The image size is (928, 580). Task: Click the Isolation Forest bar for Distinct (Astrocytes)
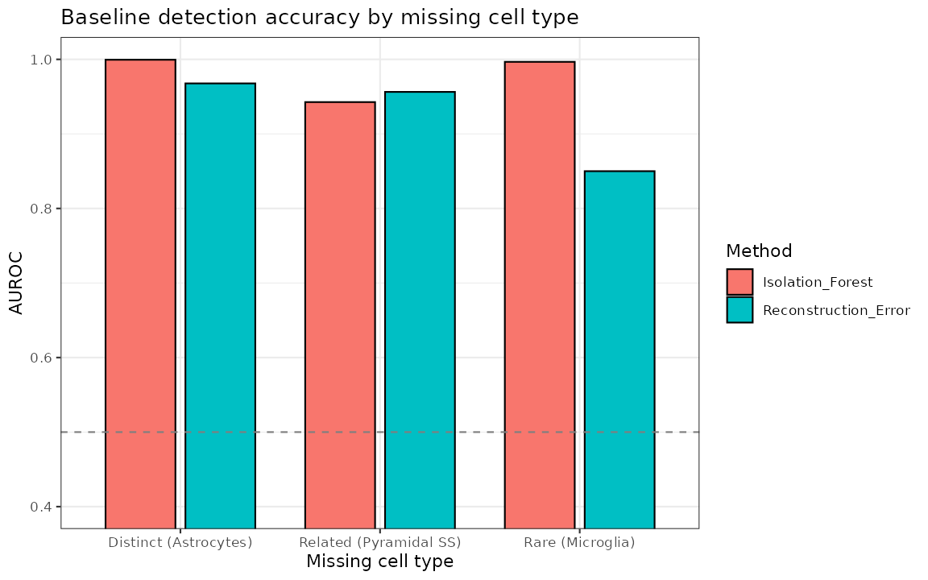click(140, 293)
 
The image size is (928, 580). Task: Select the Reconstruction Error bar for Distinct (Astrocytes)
click(220, 305)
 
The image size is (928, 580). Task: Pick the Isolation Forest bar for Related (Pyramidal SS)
click(340, 315)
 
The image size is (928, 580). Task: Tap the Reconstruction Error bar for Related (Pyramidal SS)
click(420, 310)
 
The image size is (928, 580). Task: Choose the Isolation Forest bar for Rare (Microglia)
click(539, 295)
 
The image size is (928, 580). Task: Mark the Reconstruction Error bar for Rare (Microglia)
click(619, 350)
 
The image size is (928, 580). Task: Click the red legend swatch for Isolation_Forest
click(739, 282)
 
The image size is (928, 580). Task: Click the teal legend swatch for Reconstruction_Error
click(739, 309)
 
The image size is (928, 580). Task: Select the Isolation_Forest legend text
click(818, 282)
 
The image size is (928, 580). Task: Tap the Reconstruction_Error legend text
click(836, 310)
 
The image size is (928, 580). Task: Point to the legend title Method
click(759, 251)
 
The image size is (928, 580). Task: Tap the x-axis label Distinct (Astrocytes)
click(180, 543)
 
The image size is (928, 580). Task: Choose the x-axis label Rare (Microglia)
click(579, 543)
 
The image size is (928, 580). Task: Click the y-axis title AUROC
click(16, 283)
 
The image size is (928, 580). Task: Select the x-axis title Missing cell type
click(379, 561)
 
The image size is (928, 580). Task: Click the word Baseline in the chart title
click(97, 17)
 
